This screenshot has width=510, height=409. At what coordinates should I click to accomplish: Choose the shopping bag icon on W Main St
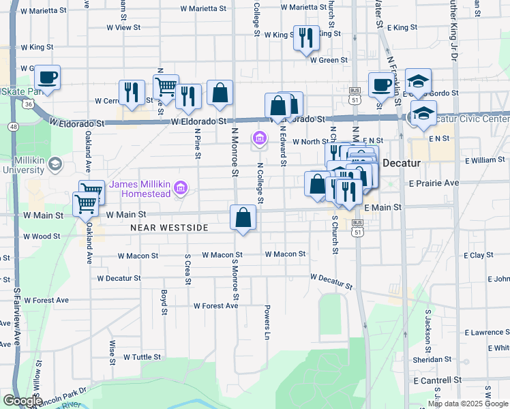243,218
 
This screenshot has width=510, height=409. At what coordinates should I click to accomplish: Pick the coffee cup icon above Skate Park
47,78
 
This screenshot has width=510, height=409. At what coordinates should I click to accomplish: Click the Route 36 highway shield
27,104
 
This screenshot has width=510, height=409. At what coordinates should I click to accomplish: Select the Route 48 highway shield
13,127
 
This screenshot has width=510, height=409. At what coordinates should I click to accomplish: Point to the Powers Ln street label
268,322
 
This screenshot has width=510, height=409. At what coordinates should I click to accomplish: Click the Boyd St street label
164,303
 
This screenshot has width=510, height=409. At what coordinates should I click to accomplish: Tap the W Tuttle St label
142,357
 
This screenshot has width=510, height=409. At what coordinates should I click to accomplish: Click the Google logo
22,401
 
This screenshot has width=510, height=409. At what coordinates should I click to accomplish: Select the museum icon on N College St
259,139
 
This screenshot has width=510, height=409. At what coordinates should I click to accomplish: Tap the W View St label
123,28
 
